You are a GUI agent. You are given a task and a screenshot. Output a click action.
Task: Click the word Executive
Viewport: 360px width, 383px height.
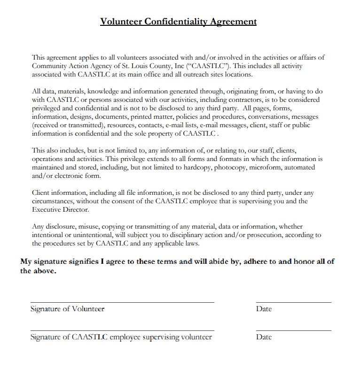click(46, 210)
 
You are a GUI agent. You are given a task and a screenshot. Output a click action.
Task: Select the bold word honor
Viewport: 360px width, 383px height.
click(307, 261)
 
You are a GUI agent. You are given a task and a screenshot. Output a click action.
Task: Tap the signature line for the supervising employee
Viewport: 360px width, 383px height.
click(122, 330)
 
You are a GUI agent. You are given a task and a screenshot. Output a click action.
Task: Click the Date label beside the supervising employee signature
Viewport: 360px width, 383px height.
click(264, 337)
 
